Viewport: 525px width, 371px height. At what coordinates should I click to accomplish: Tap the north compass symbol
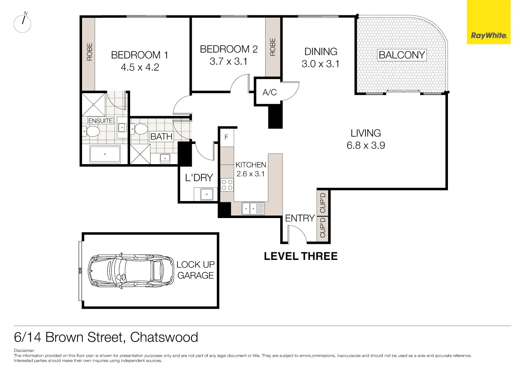click(x=23, y=23)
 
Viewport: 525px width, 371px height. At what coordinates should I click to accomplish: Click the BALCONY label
click(x=402, y=55)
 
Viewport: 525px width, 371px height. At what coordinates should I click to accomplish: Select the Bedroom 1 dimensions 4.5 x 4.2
click(x=140, y=67)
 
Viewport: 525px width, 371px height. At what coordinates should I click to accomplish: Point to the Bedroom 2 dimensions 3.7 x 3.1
click(x=228, y=62)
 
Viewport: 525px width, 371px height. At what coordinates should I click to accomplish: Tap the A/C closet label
click(x=269, y=92)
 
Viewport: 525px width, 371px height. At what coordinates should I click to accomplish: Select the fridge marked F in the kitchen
click(x=227, y=137)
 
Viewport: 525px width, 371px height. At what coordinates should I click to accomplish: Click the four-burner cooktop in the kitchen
click(x=227, y=184)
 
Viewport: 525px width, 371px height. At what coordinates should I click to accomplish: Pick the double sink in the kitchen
click(x=253, y=208)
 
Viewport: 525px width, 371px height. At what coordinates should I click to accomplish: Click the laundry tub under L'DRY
click(x=204, y=194)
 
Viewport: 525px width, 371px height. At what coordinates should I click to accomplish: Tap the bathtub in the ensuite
click(x=105, y=154)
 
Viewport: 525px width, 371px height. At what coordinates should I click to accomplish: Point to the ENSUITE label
click(x=100, y=121)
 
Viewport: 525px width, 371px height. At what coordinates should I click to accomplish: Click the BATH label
click(x=161, y=136)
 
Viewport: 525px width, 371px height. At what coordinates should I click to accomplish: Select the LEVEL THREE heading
click(x=301, y=256)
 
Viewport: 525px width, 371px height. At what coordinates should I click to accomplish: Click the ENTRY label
click(x=300, y=218)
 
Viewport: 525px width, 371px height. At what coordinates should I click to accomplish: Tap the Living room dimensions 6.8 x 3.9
click(x=365, y=145)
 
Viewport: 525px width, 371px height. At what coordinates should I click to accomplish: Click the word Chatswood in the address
click(x=164, y=337)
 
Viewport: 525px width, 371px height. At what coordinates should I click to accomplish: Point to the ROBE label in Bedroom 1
click(x=89, y=53)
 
